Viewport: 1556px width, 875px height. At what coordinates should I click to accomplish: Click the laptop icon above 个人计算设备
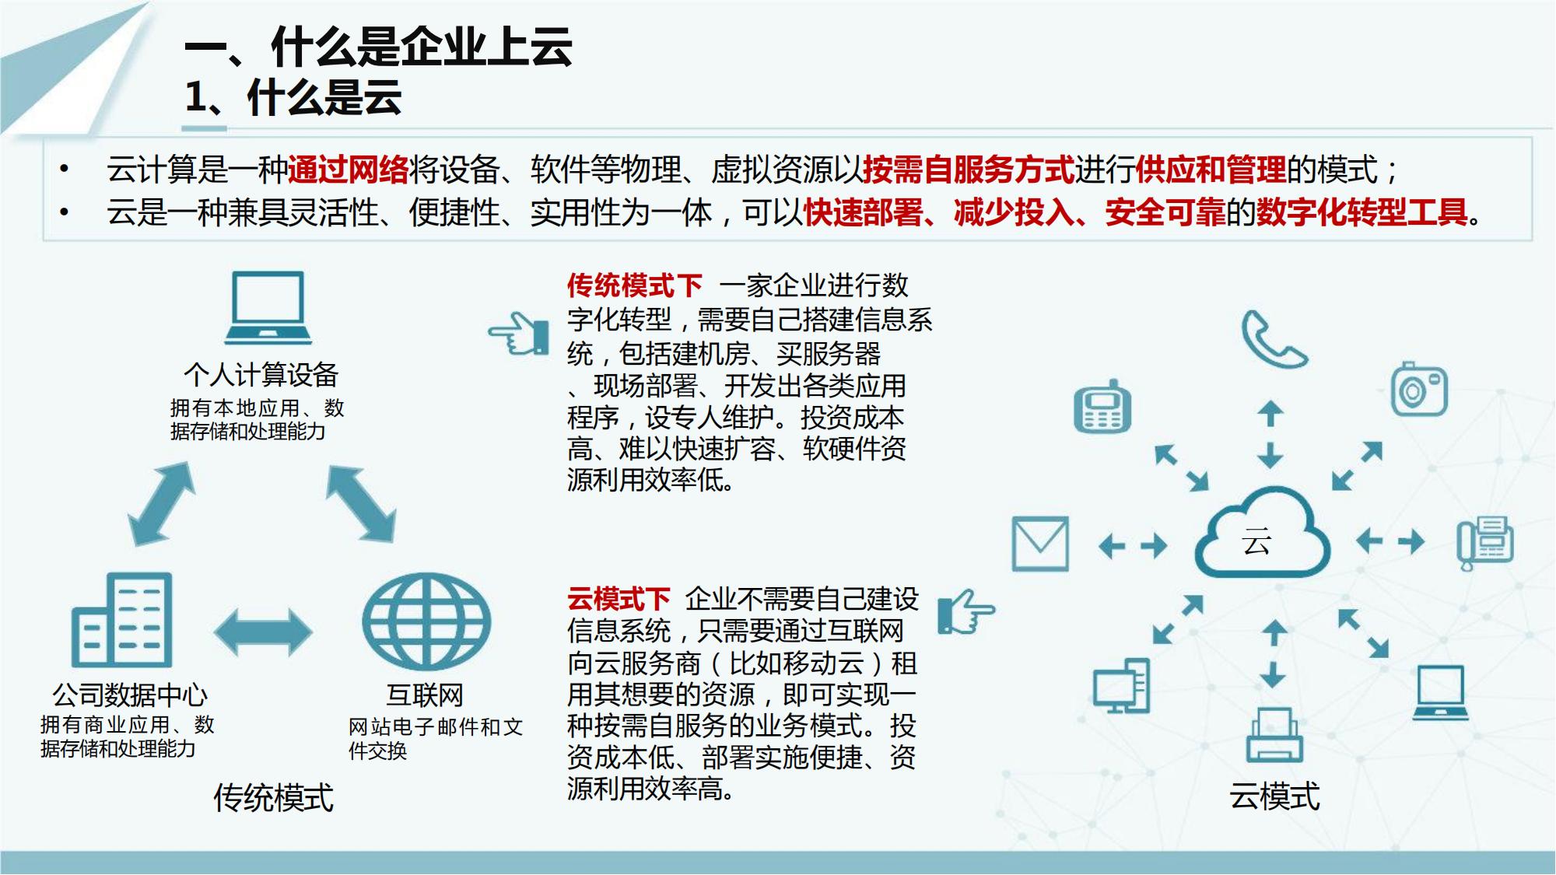tap(268, 307)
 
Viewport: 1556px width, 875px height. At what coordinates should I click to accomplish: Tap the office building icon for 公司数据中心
tap(121, 620)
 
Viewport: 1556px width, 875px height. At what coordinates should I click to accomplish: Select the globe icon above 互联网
tap(426, 621)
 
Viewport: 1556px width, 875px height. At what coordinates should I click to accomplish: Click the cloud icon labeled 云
tap(1262, 533)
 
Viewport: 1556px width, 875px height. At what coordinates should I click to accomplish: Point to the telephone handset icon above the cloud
tap(1274, 339)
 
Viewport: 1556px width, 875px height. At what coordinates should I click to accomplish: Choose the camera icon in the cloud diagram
tap(1419, 388)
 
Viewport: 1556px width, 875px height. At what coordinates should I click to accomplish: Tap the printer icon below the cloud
tap(1274, 734)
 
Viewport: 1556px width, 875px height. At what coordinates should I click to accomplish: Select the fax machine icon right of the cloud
tap(1485, 543)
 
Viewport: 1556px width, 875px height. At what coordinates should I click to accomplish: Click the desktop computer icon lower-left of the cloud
tap(1121, 685)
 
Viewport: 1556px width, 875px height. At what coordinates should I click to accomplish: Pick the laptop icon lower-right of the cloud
tap(1440, 692)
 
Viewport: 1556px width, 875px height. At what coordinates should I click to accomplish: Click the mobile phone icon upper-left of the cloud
tap(1102, 406)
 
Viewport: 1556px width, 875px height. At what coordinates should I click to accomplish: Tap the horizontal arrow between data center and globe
tap(263, 632)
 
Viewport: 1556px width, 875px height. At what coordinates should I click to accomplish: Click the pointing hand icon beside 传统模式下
tap(519, 334)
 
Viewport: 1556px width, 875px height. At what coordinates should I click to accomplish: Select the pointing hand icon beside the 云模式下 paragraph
tap(966, 611)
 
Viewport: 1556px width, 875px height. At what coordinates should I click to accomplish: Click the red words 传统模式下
tap(634, 285)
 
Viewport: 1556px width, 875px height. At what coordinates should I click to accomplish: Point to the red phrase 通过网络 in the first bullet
tap(348, 170)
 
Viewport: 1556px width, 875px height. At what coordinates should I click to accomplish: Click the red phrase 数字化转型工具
tap(1361, 212)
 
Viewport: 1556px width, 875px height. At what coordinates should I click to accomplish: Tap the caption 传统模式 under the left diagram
tap(273, 798)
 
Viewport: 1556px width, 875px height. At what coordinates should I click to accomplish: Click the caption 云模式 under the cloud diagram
tap(1274, 796)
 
